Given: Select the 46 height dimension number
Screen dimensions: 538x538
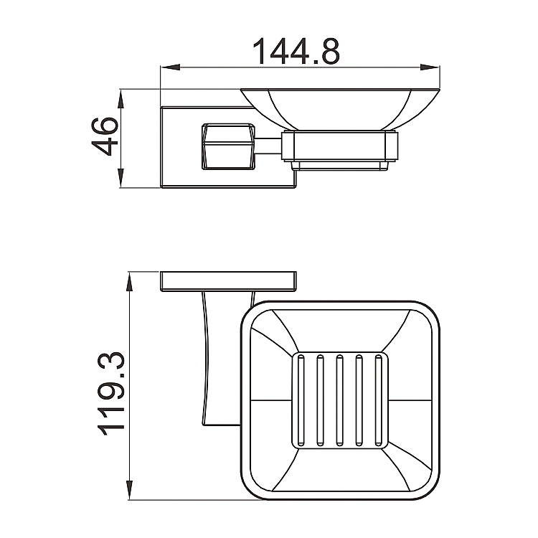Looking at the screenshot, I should coord(104,136).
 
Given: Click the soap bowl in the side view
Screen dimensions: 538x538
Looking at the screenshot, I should coord(339,110).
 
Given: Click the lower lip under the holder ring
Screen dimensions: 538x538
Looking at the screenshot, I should coord(339,167).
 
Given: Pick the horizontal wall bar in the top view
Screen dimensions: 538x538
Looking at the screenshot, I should coord(228,280).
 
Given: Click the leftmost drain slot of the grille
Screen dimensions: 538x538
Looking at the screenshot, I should coord(301,399).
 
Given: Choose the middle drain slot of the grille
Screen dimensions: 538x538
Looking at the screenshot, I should coord(339,399).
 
